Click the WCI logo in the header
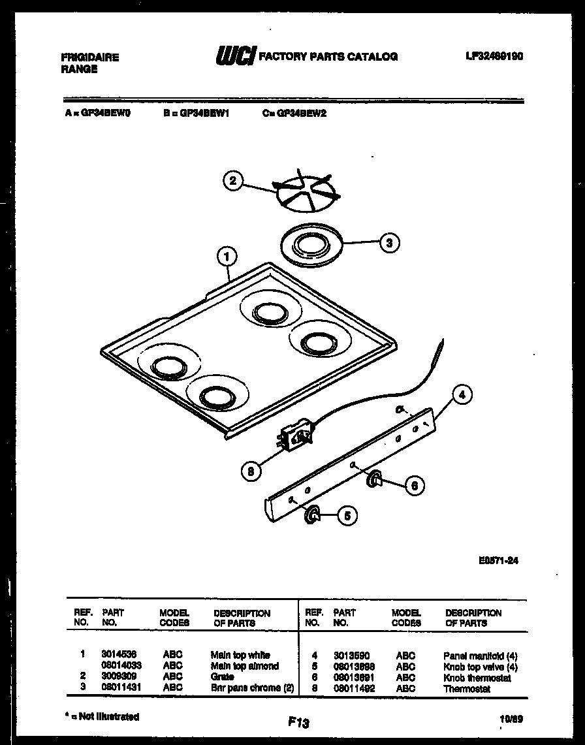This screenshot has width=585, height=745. tap(235, 57)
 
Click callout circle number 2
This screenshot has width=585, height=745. tap(232, 181)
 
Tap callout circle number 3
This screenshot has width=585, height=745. tap(389, 243)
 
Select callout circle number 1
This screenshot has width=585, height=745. tap(227, 258)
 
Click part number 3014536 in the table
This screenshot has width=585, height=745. tap(118, 654)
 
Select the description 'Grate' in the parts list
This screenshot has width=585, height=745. tap(222, 676)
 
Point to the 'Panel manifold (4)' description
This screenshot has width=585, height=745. tap(480, 655)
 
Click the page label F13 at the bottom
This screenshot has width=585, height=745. tap(298, 722)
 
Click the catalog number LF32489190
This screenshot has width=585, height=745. tap(494, 57)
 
